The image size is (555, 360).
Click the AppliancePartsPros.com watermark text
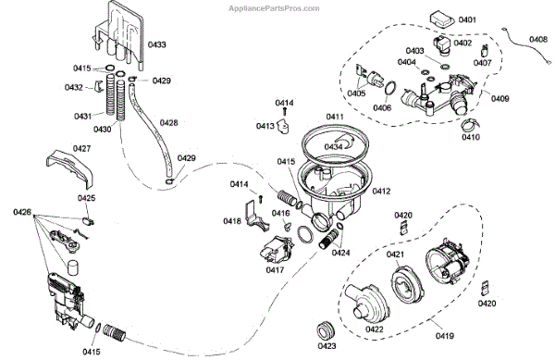(x=274, y=8)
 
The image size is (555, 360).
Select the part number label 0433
(x=157, y=44)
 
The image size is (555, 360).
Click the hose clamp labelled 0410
(x=471, y=123)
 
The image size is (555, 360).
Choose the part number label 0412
(x=381, y=192)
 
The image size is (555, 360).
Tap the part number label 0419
(x=445, y=336)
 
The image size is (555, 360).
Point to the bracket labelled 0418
(x=256, y=217)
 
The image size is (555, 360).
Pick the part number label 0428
(x=169, y=123)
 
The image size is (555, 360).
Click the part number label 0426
(x=22, y=212)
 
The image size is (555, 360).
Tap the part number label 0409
(x=499, y=98)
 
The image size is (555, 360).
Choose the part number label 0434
(x=333, y=146)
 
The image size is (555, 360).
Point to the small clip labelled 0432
(x=98, y=87)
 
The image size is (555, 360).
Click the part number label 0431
(x=83, y=116)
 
